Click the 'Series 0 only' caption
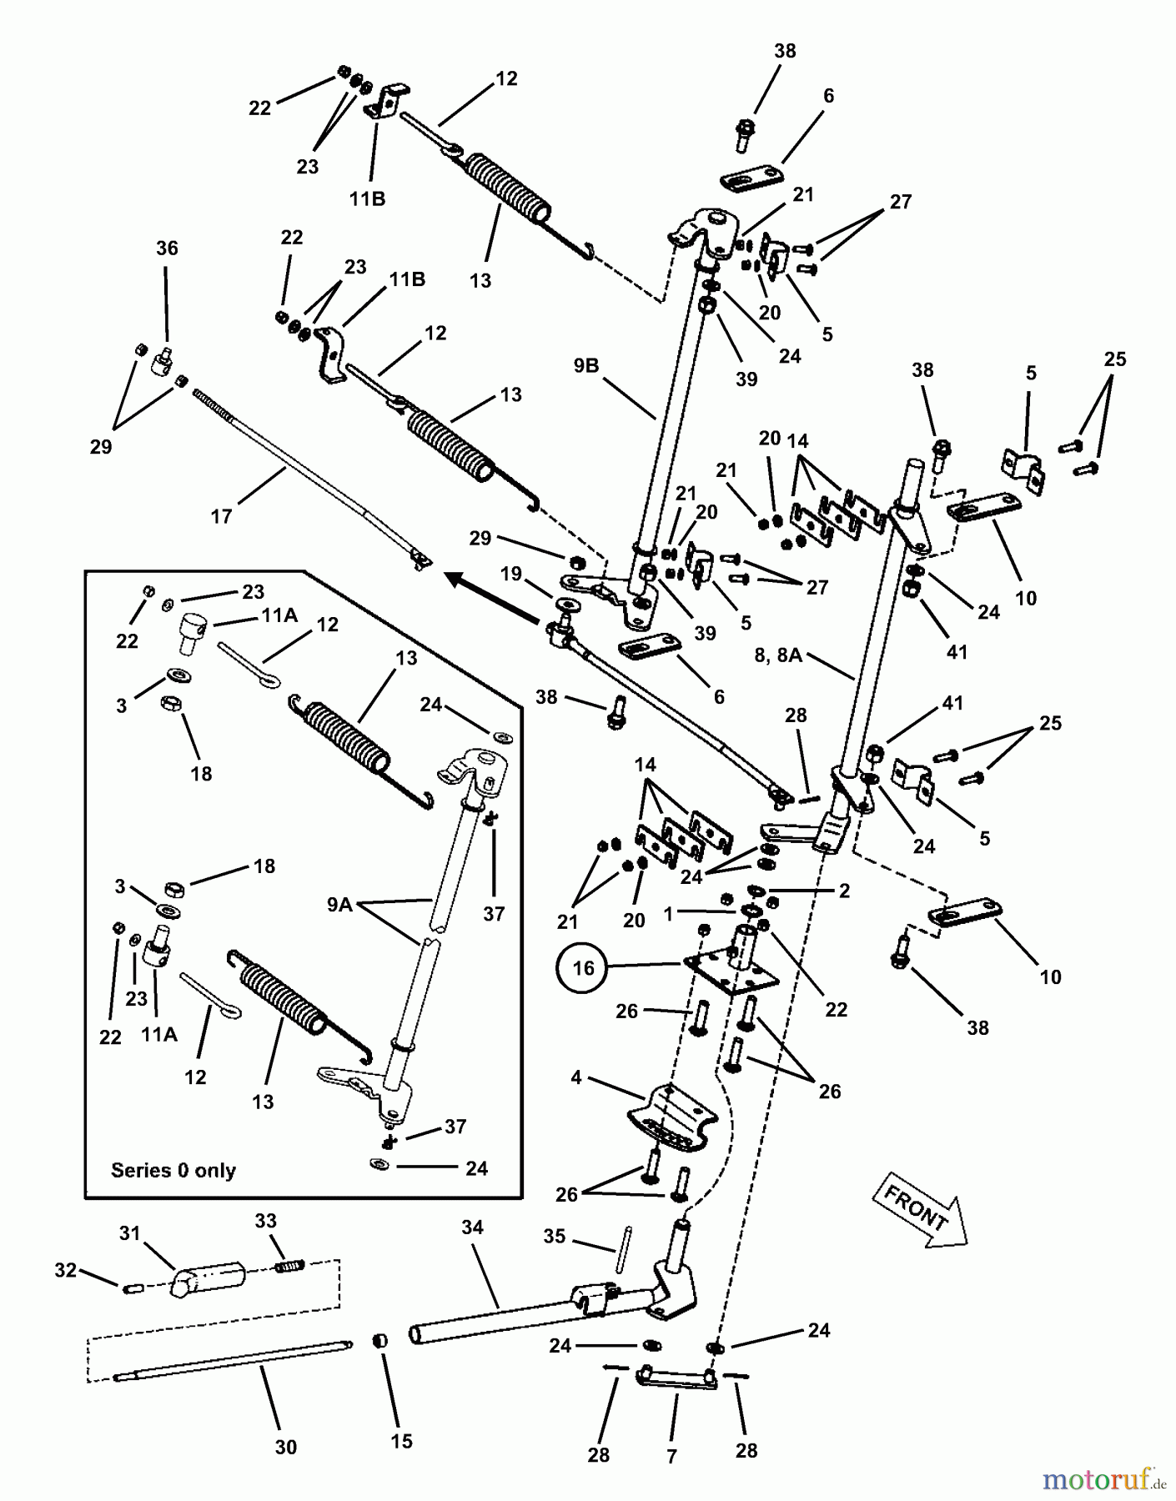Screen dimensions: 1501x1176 [x=173, y=1170]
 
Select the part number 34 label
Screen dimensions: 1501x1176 [x=472, y=1227]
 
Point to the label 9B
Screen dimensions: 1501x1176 [x=585, y=365]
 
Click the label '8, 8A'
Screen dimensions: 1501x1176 [x=778, y=656]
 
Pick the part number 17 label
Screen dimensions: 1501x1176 [x=221, y=517]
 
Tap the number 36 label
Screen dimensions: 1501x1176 [x=167, y=248]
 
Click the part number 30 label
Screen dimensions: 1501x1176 [x=285, y=1448]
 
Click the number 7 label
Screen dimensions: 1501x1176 [x=672, y=1456]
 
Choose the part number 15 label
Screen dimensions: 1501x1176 [x=401, y=1441]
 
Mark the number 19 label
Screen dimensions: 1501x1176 [x=511, y=574]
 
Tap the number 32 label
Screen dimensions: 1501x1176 [x=65, y=1271]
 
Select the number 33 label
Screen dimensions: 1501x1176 [x=265, y=1221]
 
